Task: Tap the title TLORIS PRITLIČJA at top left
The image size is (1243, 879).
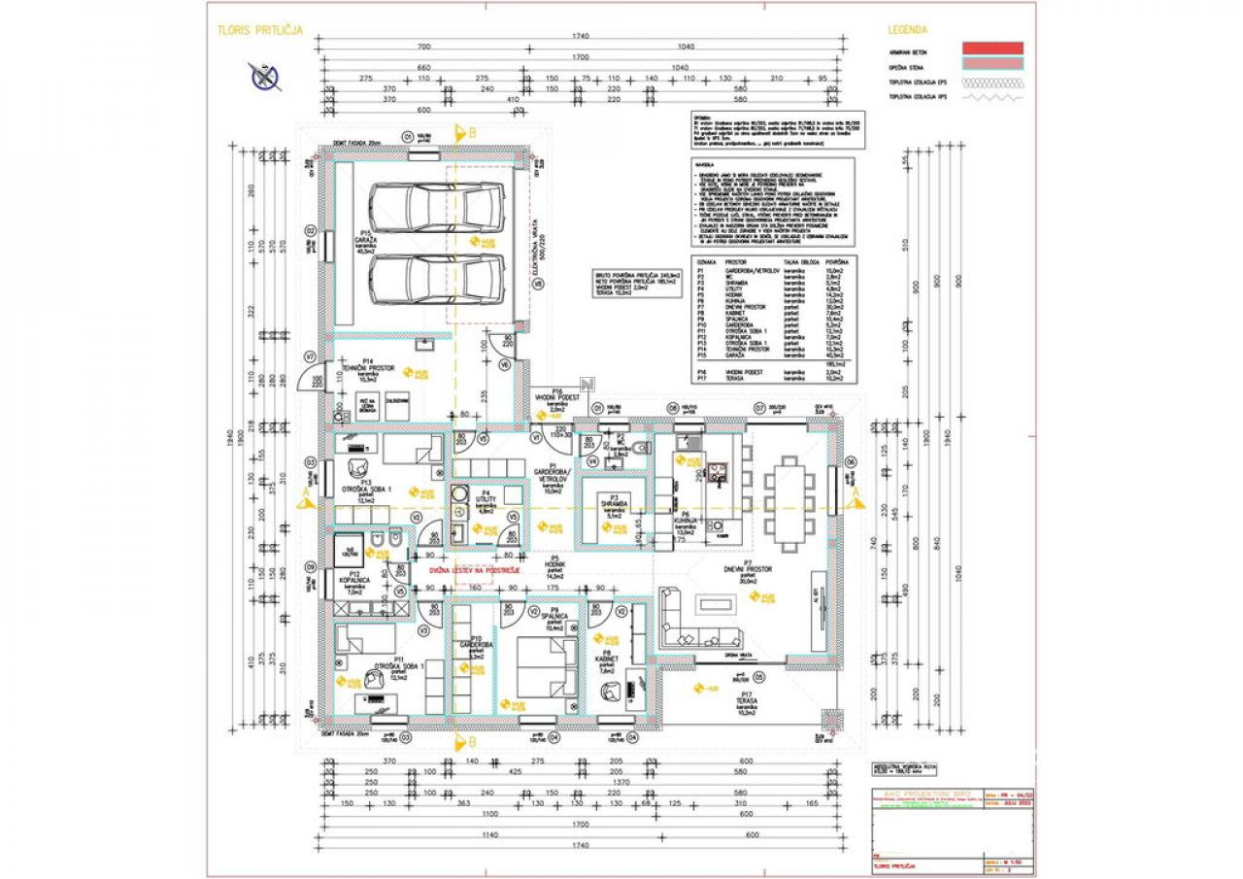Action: [260, 30]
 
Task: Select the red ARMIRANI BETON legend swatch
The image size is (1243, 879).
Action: [991, 48]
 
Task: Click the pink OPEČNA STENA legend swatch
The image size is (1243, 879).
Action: [991, 64]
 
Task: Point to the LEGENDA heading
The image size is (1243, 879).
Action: [907, 30]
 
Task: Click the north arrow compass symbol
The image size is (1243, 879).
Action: [263, 75]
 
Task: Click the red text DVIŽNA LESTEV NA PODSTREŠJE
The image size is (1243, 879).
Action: [476, 571]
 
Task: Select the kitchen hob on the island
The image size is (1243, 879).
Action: [717, 473]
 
